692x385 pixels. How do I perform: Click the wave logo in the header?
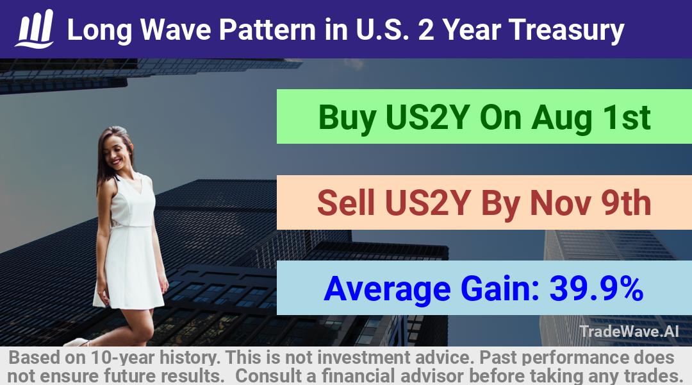point(35,29)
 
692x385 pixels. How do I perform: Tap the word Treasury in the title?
point(566,30)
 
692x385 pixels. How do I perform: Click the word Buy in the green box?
point(347,118)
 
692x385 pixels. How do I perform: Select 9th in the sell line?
point(627,203)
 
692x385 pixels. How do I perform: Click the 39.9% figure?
point(597,289)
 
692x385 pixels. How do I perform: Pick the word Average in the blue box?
point(387,289)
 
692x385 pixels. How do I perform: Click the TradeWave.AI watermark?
point(629,331)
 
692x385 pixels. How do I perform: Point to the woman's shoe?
point(76,342)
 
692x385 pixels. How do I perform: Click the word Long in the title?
point(99,30)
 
